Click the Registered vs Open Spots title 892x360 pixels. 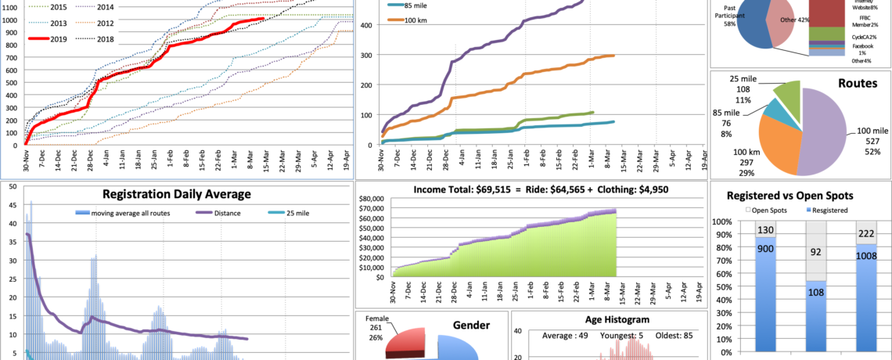(x=800, y=196)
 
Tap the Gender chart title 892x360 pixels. (x=471, y=325)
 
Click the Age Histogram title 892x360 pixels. (x=608, y=319)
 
